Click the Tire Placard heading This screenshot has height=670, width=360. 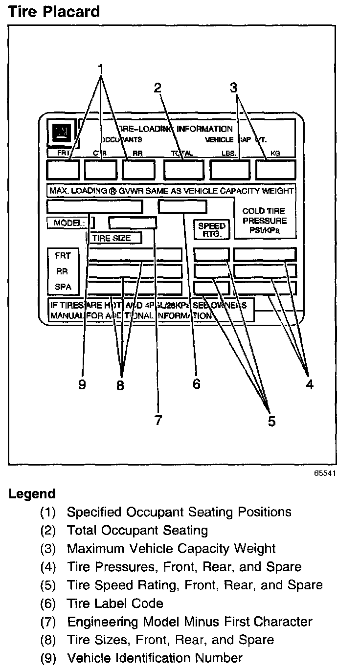(x=54, y=11)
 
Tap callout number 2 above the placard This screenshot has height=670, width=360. (x=157, y=88)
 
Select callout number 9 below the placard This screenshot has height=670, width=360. (x=82, y=384)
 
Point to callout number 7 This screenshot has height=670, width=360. (x=157, y=420)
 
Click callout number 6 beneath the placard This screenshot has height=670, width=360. (x=196, y=384)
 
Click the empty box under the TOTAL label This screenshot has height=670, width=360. (x=183, y=170)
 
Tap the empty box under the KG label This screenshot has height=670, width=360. (x=275, y=170)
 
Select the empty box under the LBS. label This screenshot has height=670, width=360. (x=229, y=170)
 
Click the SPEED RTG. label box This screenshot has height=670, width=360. (x=212, y=229)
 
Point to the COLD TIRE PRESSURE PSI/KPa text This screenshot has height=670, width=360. (x=265, y=220)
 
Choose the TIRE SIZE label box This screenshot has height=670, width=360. (x=114, y=238)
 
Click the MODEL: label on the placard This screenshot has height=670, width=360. (x=69, y=223)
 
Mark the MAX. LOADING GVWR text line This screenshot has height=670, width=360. (x=171, y=190)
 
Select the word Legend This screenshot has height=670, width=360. (x=32, y=494)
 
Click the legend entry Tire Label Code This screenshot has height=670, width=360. (x=115, y=603)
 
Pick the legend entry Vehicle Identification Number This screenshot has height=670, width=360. (x=155, y=658)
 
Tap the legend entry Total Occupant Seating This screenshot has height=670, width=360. (x=137, y=530)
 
